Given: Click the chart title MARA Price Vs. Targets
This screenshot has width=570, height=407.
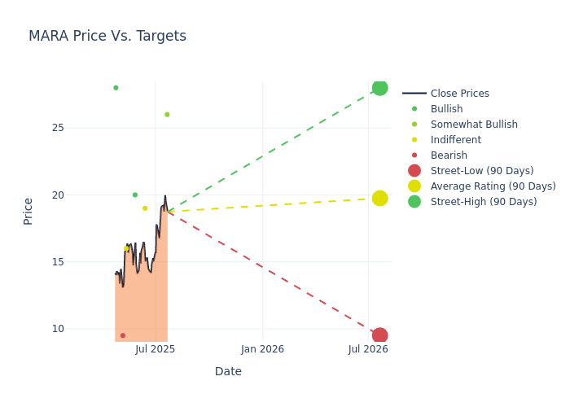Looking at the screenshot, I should [x=107, y=36].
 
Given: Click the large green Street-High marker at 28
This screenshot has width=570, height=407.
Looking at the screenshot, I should [x=379, y=88].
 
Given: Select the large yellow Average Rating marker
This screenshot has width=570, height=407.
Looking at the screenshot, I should [x=379, y=198].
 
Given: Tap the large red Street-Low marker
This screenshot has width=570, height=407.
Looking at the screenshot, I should [x=379, y=335].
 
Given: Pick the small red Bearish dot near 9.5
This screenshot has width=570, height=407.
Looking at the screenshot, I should [x=123, y=335].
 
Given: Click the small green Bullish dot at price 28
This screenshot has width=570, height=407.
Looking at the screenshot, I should [x=116, y=88].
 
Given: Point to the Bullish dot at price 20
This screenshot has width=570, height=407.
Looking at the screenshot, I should [x=135, y=195].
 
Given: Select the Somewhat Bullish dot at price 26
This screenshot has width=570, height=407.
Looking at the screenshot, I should [x=167, y=115].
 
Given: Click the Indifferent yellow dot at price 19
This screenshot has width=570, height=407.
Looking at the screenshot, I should [x=145, y=208].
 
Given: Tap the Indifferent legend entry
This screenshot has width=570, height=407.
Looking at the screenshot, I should [x=455, y=140].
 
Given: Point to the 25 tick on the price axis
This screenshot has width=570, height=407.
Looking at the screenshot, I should [x=80, y=128].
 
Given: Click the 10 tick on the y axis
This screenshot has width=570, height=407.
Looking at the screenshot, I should [x=80, y=329].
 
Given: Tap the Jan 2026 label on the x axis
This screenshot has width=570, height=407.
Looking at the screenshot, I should [x=262, y=349].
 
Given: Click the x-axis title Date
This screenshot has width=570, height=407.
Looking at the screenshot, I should [x=228, y=371].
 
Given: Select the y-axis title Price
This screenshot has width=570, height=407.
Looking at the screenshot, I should [x=28, y=211].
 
